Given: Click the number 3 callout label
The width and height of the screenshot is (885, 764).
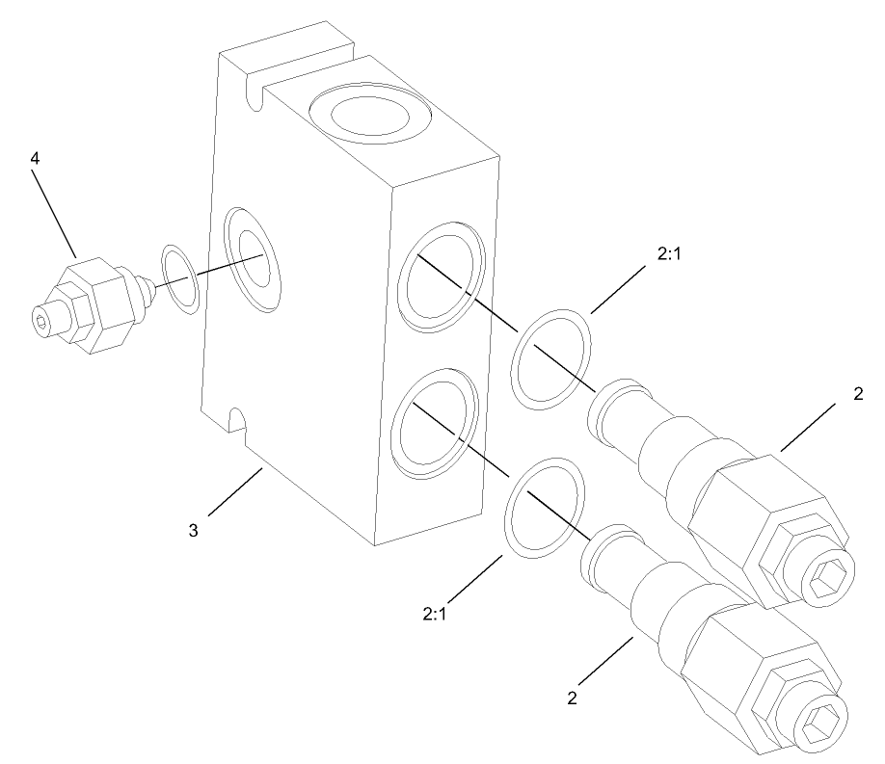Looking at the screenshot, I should point(193,530).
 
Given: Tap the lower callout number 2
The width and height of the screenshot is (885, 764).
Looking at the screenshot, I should point(572,698).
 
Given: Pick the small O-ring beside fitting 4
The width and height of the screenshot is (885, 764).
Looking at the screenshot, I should point(180,279).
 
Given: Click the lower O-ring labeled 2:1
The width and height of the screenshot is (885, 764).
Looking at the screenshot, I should point(545,506).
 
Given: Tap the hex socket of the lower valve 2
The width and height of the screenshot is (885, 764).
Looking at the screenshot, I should point(823,720).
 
